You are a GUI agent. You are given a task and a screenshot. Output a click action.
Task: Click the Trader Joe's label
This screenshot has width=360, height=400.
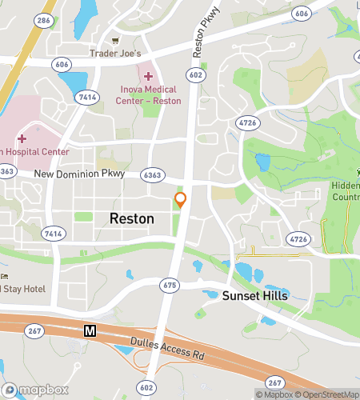pos(115,54)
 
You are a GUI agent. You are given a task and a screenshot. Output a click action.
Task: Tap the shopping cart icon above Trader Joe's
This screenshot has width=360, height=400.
pos(115,40)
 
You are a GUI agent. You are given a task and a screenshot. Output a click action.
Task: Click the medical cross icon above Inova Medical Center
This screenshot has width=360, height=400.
pos(149,75)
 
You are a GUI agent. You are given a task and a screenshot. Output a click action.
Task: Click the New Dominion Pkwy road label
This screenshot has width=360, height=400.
pos(78,174)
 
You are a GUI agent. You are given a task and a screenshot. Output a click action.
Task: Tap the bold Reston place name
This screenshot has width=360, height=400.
pos(131,218)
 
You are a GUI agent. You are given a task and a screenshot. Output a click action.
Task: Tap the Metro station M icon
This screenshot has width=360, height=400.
pos(90,330)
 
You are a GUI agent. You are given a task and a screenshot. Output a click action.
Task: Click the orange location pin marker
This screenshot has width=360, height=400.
pos(181,200)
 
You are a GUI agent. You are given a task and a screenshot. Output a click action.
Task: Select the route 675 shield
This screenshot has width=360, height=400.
pos(169,285)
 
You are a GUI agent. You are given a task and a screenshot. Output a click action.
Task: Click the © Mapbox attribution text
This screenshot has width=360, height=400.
pos(274,394)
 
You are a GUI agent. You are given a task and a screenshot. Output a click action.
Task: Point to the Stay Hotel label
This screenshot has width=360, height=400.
pos(24,289)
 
